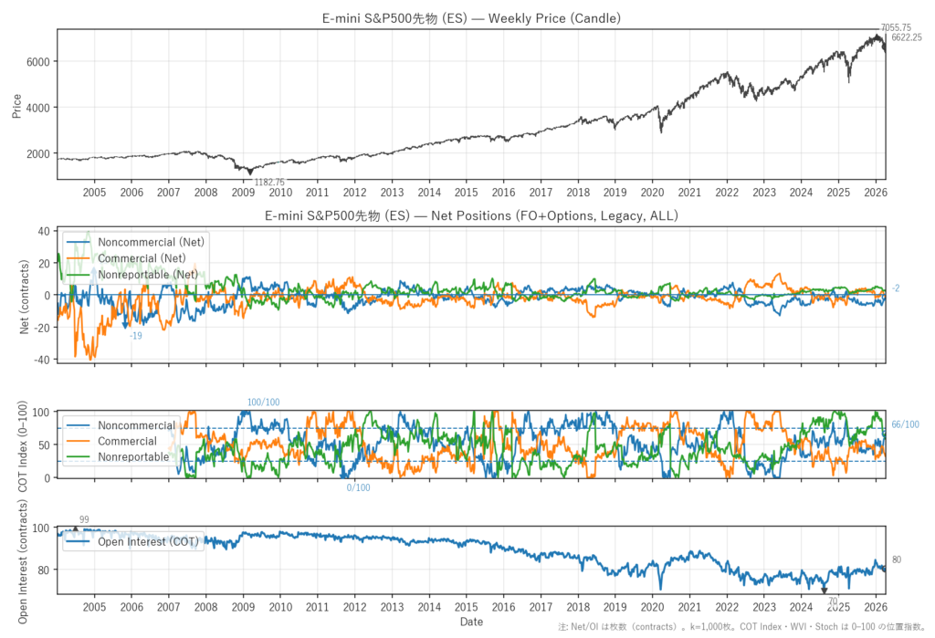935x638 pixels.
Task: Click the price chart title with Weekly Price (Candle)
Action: click(x=471, y=18)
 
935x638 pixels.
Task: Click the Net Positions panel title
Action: click(x=471, y=215)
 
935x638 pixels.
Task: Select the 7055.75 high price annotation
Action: click(x=895, y=28)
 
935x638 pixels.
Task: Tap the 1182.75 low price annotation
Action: click(x=269, y=182)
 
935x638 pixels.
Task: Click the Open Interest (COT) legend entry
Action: click(x=146, y=541)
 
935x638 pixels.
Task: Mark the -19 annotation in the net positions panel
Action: click(x=135, y=336)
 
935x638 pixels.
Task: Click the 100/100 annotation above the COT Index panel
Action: click(x=263, y=403)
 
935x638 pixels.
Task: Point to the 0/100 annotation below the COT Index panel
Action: click(x=358, y=487)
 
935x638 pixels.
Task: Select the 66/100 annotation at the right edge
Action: click(x=906, y=424)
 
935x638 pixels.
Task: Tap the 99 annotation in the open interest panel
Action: click(x=84, y=519)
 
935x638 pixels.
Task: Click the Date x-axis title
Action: click(x=471, y=622)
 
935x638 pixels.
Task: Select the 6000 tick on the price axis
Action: click(x=40, y=62)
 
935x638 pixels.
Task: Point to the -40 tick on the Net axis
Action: click(x=40, y=360)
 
